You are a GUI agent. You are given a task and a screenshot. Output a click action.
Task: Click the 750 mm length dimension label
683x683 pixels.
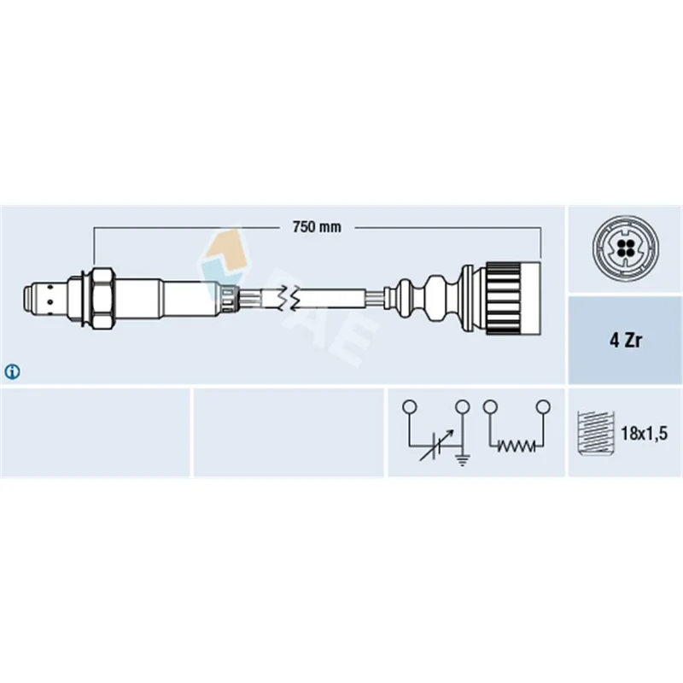[x=317, y=227]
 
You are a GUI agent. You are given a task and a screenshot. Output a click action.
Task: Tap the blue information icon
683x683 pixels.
[x=12, y=371]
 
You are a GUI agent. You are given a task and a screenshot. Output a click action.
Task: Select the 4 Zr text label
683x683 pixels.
[x=626, y=341]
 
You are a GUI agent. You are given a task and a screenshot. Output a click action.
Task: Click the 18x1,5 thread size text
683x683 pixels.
[x=645, y=434]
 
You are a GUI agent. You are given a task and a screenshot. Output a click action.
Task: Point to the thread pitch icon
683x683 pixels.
[x=595, y=433]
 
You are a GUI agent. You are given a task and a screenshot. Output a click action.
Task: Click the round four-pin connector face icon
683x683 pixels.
[x=625, y=248]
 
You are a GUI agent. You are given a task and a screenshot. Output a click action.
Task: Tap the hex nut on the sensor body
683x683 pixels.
[x=102, y=298]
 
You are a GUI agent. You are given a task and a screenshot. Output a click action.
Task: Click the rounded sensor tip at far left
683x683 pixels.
[x=30, y=298]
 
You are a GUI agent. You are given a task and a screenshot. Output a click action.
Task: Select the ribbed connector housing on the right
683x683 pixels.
[x=514, y=298]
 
